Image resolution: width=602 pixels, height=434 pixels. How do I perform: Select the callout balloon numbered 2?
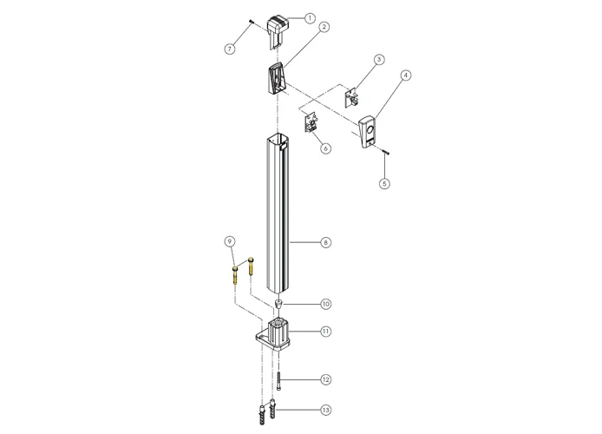[x=324, y=28]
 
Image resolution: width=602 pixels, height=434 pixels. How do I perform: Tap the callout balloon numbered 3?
[x=378, y=60]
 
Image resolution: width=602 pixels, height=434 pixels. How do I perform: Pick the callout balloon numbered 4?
[x=405, y=76]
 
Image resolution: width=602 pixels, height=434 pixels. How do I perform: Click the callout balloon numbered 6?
[x=325, y=148]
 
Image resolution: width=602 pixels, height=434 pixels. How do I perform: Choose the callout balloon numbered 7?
[x=230, y=49]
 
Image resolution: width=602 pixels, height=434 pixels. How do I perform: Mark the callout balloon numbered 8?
[x=325, y=242]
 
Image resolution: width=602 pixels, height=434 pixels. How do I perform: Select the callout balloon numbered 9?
[x=230, y=240]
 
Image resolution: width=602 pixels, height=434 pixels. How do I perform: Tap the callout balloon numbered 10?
[x=325, y=304]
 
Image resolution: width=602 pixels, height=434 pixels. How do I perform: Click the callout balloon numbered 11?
[x=325, y=331]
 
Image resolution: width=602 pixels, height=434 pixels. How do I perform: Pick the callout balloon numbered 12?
[x=325, y=379]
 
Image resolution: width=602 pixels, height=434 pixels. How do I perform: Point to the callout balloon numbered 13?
[x=325, y=408]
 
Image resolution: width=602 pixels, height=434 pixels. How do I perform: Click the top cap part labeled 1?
[x=278, y=30]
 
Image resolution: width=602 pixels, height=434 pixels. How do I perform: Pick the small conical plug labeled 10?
[x=278, y=304]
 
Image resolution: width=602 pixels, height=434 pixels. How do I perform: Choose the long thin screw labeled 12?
[x=280, y=380]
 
